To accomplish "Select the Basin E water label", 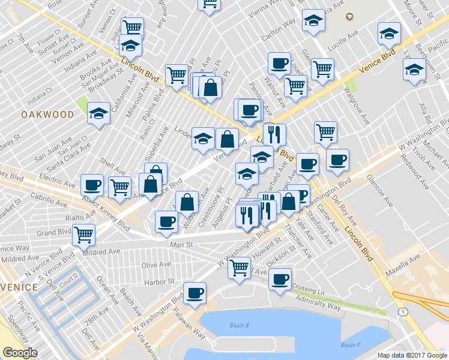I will (238, 325).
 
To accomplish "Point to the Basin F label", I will (350, 345).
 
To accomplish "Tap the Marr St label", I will (180, 245).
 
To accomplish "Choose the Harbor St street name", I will (158, 281).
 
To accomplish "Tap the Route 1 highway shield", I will (402, 312).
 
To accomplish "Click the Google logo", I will (20, 353).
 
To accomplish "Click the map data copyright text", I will (412, 355).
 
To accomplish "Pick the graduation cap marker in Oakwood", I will (99, 113).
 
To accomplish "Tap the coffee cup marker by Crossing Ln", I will (280, 279).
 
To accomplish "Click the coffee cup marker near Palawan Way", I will (194, 293).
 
